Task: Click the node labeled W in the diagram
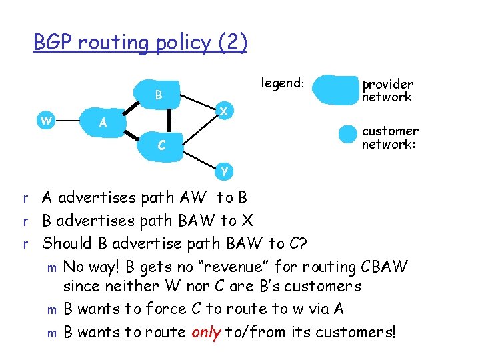[45, 121]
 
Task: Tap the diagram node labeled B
[159, 95]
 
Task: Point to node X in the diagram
[225, 112]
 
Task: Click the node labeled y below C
[225, 170]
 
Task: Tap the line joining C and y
[198, 159]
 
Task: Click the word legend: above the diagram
[283, 83]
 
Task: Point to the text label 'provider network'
[387, 91]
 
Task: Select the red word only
[207, 331]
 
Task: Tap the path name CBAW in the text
[384, 267]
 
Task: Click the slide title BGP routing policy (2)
[140, 43]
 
